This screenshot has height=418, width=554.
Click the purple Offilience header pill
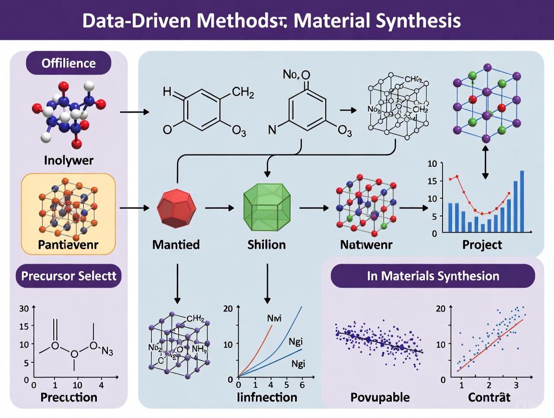(69, 63)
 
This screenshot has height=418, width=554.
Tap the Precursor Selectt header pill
(68, 276)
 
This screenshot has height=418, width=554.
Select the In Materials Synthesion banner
(433, 276)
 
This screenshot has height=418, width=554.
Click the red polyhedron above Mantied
(176, 206)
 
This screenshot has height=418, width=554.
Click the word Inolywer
(68, 162)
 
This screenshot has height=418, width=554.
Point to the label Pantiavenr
(69, 246)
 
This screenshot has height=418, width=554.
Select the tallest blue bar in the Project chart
(522, 201)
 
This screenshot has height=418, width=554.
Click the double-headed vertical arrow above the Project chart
(485, 161)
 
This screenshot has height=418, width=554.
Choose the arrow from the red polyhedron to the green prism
(220, 207)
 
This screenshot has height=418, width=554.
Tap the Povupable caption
(380, 397)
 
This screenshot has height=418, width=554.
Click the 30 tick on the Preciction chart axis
(24, 308)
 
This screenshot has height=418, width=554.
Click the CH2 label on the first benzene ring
(243, 91)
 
